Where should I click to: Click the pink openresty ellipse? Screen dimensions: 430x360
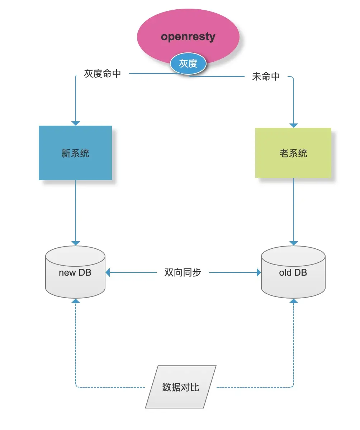(x=188, y=32)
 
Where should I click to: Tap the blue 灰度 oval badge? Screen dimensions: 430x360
(x=188, y=64)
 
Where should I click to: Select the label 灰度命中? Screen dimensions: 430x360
(x=103, y=74)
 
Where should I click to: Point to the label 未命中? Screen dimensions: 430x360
(x=266, y=76)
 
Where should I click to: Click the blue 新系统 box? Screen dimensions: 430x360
(x=75, y=153)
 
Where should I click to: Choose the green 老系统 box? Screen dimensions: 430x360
(x=293, y=153)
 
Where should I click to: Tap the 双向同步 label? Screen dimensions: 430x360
(x=183, y=272)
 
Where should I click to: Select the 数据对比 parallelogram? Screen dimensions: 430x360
(x=181, y=387)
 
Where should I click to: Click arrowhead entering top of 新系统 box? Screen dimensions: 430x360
(x=76, y=123)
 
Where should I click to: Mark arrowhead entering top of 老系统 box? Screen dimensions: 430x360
(x=294, y=125)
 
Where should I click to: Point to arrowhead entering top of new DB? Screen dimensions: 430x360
(x=76, y=243)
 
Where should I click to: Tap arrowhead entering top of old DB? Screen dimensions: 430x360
(x=294, y=243)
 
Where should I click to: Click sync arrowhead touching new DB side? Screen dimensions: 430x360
(x=108, y=272)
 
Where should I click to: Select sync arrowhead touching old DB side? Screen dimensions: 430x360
(x=259, y=272)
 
